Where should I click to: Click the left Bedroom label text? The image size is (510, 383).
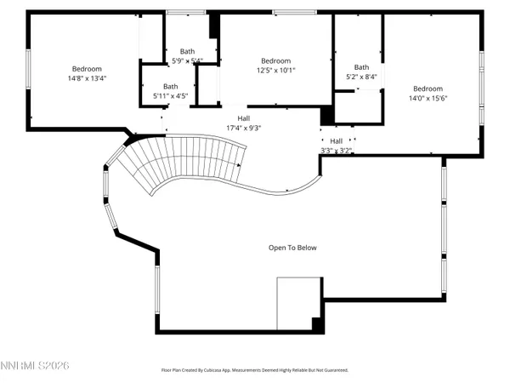coord(87,68)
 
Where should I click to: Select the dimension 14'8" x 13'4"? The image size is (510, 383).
coord(87,78)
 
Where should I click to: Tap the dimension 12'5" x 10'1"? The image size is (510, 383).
coord(275,71)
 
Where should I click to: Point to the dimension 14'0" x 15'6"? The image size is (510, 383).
coord(428,99)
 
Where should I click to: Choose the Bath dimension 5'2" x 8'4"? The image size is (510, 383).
coord(362,77)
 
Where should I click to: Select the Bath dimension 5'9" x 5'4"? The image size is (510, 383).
coord(187,60)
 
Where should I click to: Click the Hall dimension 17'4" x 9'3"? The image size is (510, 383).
coord(244,128)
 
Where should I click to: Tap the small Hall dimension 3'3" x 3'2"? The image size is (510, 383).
coord(337,150)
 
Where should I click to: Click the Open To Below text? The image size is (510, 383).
coord(292,248)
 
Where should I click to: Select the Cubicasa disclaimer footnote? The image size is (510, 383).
coord(255,370)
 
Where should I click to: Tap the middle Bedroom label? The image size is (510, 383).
coord(275,60)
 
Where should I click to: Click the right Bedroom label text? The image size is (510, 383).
coord(428,89)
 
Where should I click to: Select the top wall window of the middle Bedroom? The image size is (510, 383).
coord(284,12)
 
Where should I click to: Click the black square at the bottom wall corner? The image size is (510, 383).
coord(317,324)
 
